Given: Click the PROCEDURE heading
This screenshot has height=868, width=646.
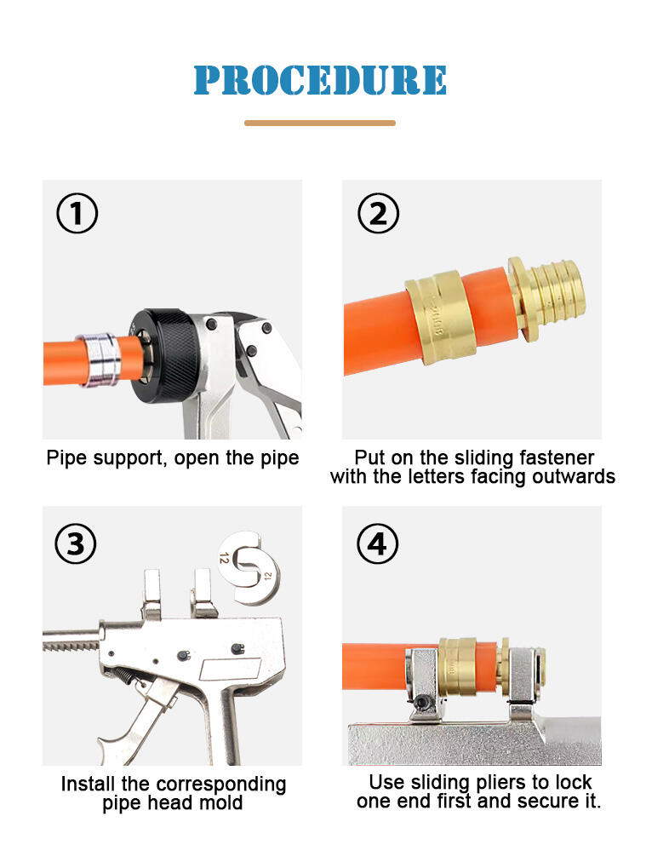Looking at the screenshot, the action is click(x=320, y=80).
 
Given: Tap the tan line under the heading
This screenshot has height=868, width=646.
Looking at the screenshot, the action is click(x=320, y=123).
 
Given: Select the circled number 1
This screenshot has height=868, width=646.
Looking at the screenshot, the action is click(x=77, y=213).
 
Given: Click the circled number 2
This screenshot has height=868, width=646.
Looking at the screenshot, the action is click(x=378, y=213).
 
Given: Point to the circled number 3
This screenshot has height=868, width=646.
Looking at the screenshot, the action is click(x=76, y=543).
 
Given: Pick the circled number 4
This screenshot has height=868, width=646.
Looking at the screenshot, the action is click(x=378, y=543).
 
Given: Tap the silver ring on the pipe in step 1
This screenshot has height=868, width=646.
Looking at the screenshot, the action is click(x=99, y=359).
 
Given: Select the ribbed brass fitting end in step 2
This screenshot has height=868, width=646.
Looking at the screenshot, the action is click(x=547, y=299).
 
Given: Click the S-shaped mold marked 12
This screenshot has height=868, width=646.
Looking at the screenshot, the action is click(x=249, y=566).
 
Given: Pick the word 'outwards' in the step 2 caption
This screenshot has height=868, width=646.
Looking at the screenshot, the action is click(x=574, y=477).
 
